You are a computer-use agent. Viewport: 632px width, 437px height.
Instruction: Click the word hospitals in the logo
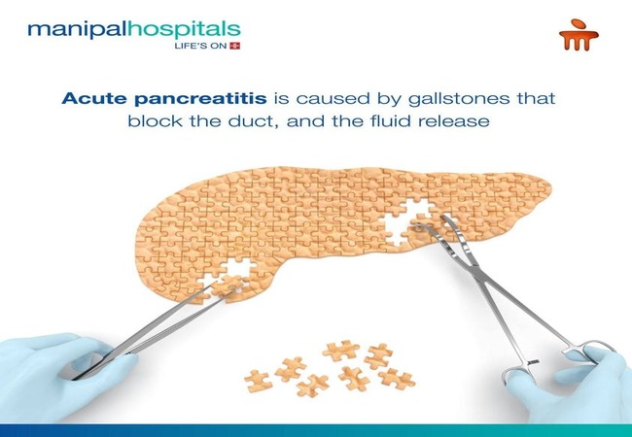pos(174,28)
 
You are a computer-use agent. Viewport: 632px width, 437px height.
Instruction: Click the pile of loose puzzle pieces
pos(331,367)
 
